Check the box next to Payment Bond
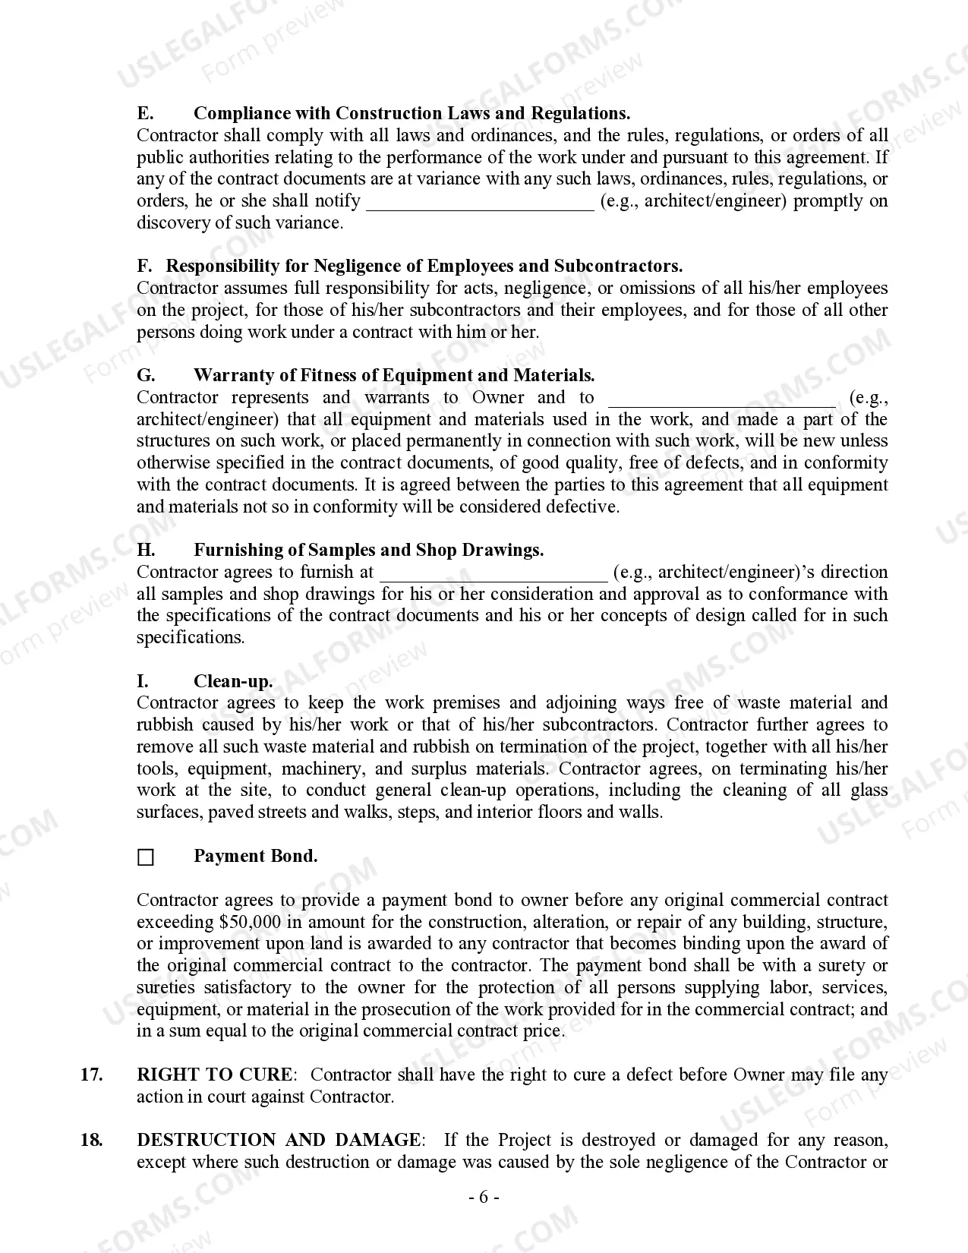pyautogui.click(x=145, y=858)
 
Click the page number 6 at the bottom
pyautogui.click(x=483, y=1198)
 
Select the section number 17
pyautogui.click(x=91, y=1075)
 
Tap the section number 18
pyautogui.click(x=91, y=1140)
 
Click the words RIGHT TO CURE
pyautogui.click(x=214, y=1075)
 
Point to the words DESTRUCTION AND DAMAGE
pyautogui.click(x=278, y=1140)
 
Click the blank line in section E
pyautogui.click(x=480, y=202)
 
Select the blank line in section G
pyautogui.click(x=721, y=399)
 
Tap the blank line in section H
pyautogui.click(x=493, y=573)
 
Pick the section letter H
pyautogui.click(x=146, y=551)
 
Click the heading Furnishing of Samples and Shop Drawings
pyautogui.click(x=368, y=551)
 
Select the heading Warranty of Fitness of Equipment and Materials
pyautogui.click(x=393, y=376)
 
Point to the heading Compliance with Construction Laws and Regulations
pyautogui.click(x=411, y=114)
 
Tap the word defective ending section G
pyautogui.click(x=582, y=507)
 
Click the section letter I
pyautogui.click(x=142, y=681)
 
